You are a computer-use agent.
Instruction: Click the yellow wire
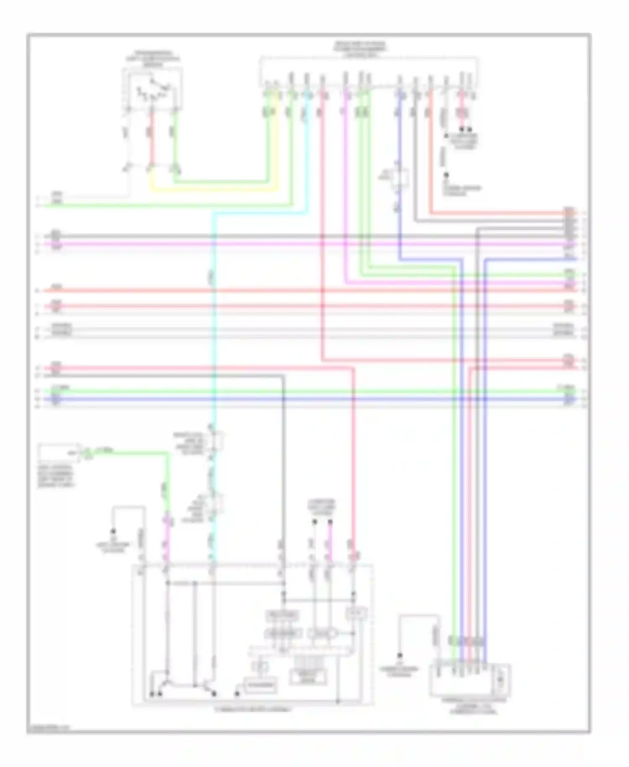pos(214,190)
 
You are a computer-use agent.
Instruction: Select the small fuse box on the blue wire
pos(399,178)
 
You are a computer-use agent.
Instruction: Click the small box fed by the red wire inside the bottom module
pos(356,614)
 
